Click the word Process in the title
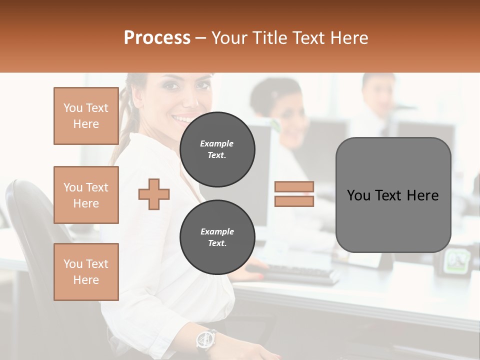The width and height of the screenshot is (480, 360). point(157,38)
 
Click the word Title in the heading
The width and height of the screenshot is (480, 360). point(269,38)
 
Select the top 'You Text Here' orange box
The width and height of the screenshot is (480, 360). point(86,116)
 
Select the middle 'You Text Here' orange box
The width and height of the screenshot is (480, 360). point(86,195)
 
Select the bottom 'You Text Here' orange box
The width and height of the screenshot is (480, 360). point(86,272)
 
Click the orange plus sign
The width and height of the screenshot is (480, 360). point(154,194)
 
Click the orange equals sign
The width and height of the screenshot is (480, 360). point(294,194)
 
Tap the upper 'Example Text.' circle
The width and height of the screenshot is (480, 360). point(217,149)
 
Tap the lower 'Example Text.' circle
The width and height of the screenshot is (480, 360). point(217,237)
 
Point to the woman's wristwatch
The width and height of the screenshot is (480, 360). point(206,340)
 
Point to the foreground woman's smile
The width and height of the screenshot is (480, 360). point(181,119)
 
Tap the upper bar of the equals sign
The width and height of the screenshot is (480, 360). point(294,187)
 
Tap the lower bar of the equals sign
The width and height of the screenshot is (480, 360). point(294,201)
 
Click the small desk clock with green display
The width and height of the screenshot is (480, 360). point(455,261)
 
